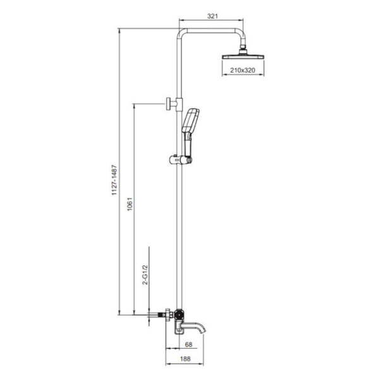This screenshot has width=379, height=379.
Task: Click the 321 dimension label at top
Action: click(212, 16)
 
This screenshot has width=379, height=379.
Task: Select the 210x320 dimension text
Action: click(243, 70)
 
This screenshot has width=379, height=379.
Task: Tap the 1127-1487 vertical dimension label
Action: click(114, 180)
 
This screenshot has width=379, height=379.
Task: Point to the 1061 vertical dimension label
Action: click(130, 204)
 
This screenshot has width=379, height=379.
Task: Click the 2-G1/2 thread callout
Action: click(145, 275)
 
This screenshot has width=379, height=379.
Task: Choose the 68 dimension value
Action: click(188, 344)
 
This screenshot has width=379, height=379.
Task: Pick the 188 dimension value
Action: click(185, 359)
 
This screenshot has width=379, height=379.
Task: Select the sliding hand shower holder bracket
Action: click(181, 160)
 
